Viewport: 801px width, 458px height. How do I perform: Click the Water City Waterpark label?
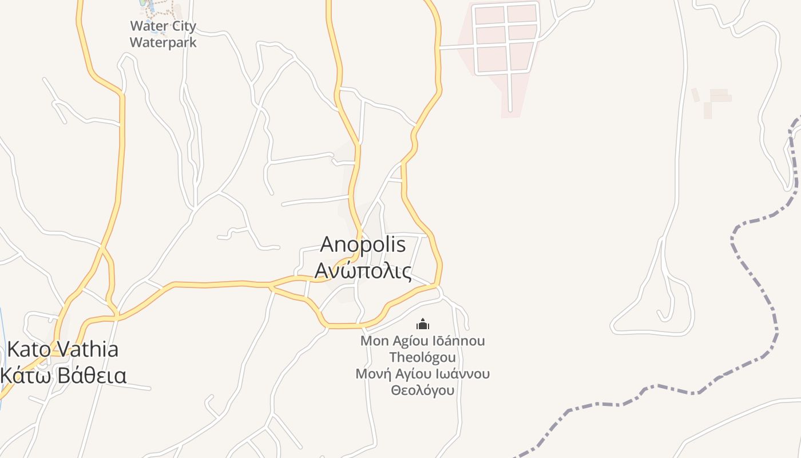pos(163,34)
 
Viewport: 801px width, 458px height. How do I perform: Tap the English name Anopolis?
pos(363,244)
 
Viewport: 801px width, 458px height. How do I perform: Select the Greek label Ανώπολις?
pos(363,271)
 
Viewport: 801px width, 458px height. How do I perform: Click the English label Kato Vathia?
pos(62,349)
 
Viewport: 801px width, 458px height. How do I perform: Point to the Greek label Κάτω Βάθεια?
pos(63,376)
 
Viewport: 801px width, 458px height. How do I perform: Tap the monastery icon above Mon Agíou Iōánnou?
pos(423,325)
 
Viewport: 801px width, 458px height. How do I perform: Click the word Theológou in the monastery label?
pos(423,357)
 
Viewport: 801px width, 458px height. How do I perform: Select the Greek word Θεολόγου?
pos(423,390)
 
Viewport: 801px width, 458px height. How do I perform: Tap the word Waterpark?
pos(163,42)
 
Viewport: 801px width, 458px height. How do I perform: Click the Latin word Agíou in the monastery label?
pos(406,341)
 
